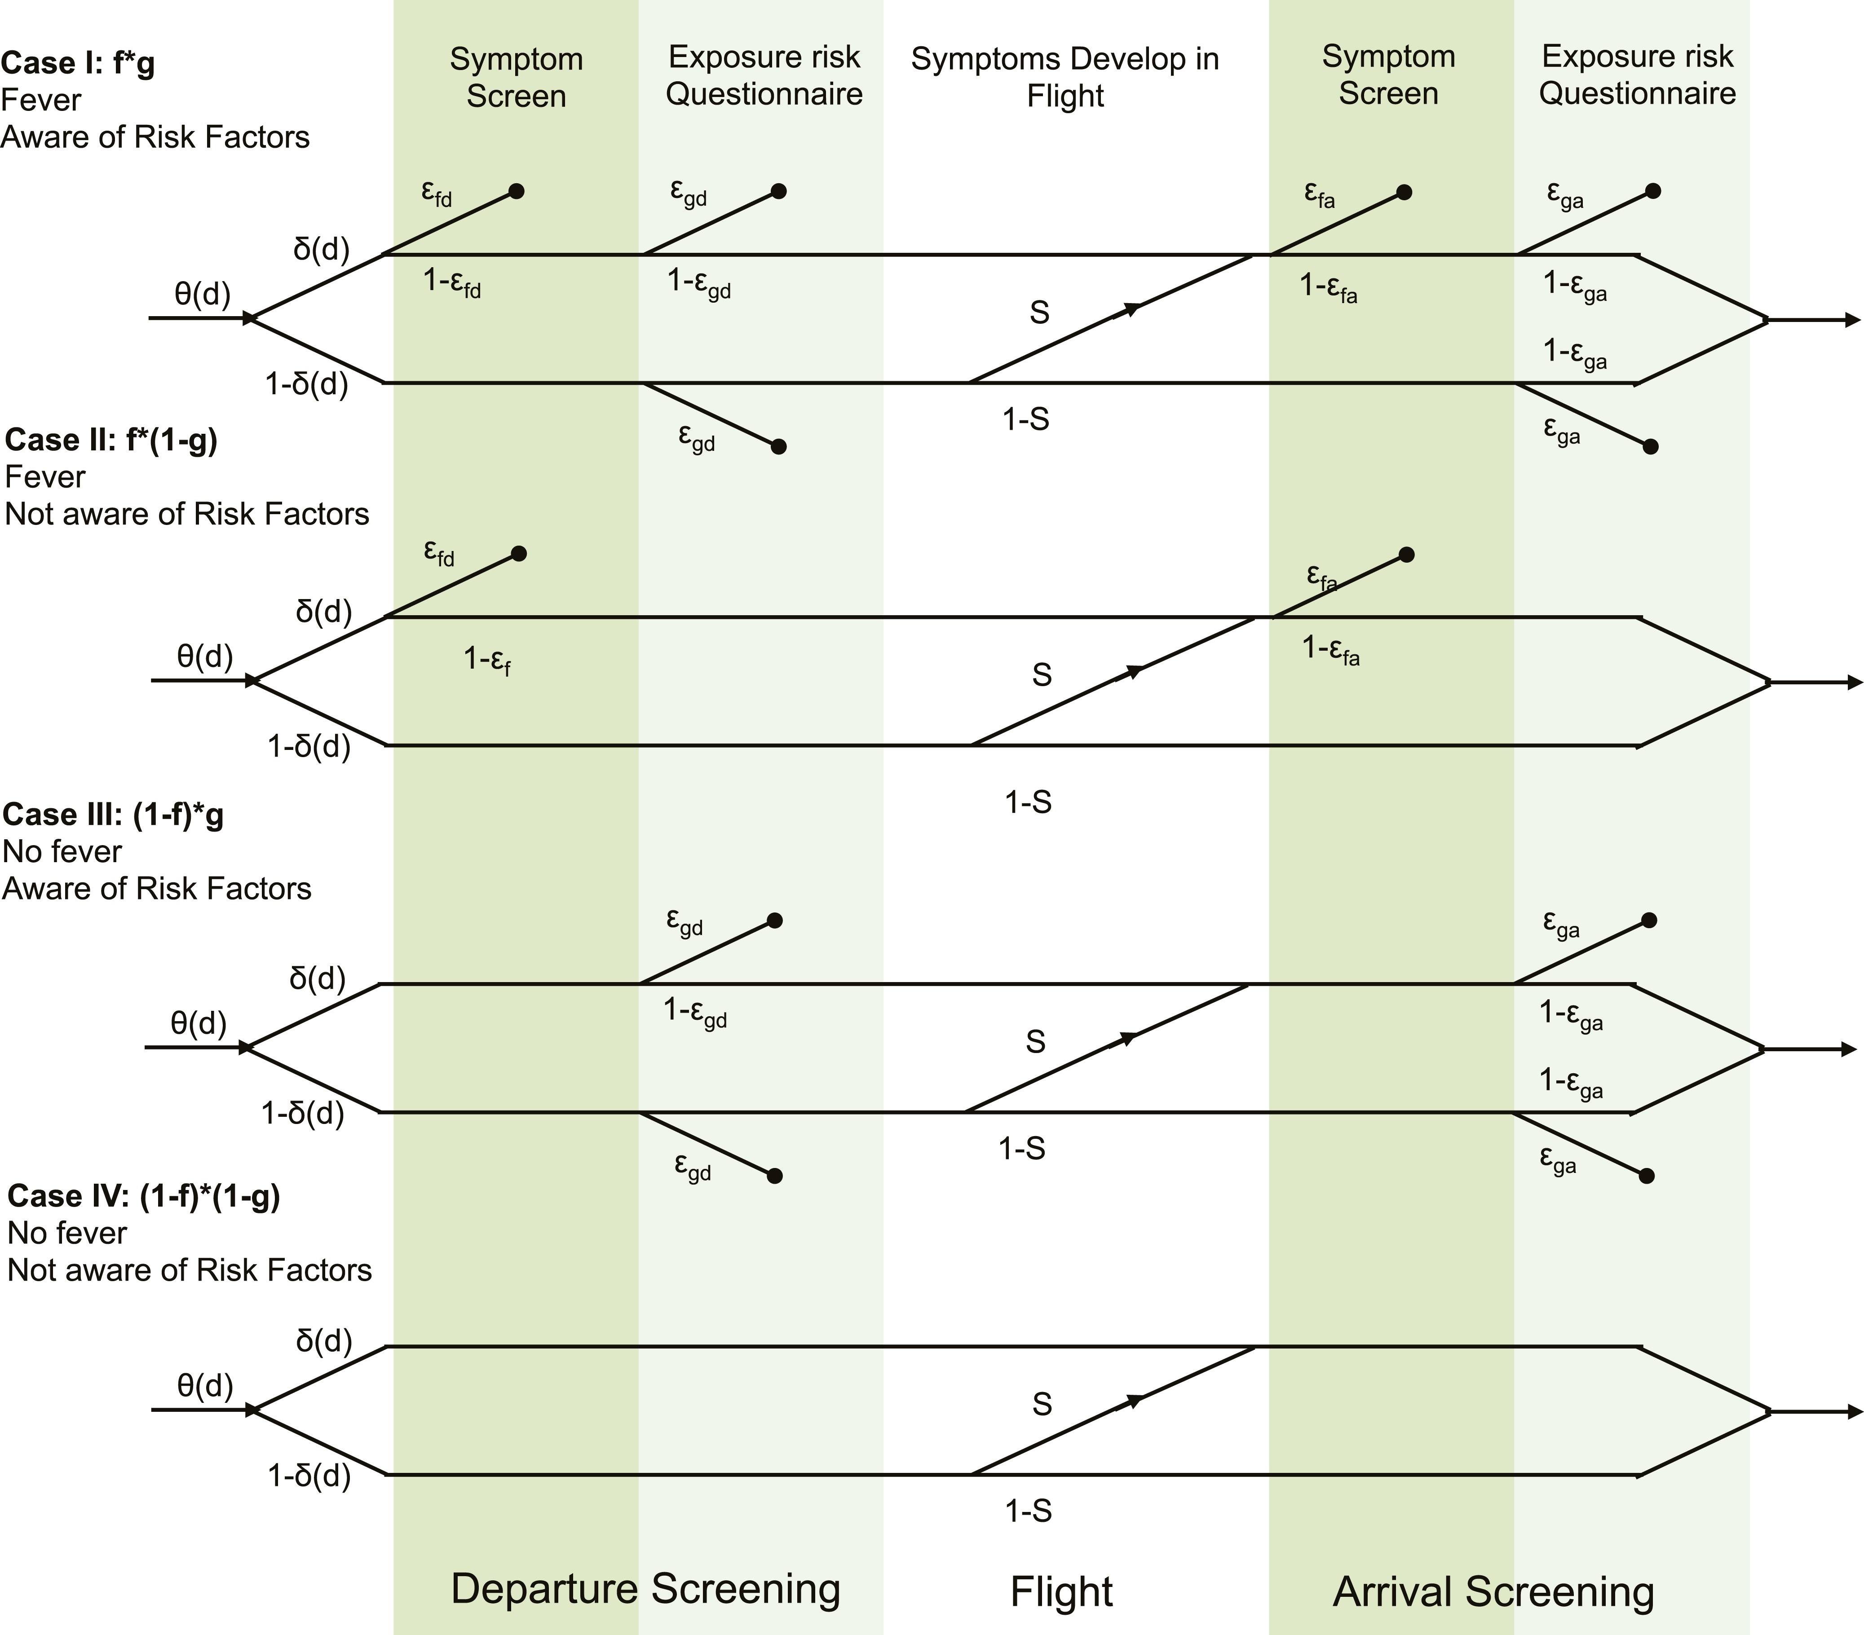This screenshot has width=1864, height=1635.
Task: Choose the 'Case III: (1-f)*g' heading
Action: click(x=113, y=814)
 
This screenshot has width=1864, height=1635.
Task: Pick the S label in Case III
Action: click(x=1035, y=1041)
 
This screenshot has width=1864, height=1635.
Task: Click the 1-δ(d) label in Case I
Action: click(x=306, y=384)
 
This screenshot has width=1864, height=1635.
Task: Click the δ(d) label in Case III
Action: click(x=318, y=978)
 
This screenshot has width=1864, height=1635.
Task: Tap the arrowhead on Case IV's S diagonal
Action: click(x=1134, y=1401)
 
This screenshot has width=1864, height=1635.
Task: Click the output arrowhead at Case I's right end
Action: click(x=1851, y=320)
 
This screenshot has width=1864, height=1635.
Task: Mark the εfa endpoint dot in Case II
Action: click(x=1406, y=555)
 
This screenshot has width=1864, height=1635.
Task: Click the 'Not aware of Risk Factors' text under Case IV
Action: click(x=190, y=1270)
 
